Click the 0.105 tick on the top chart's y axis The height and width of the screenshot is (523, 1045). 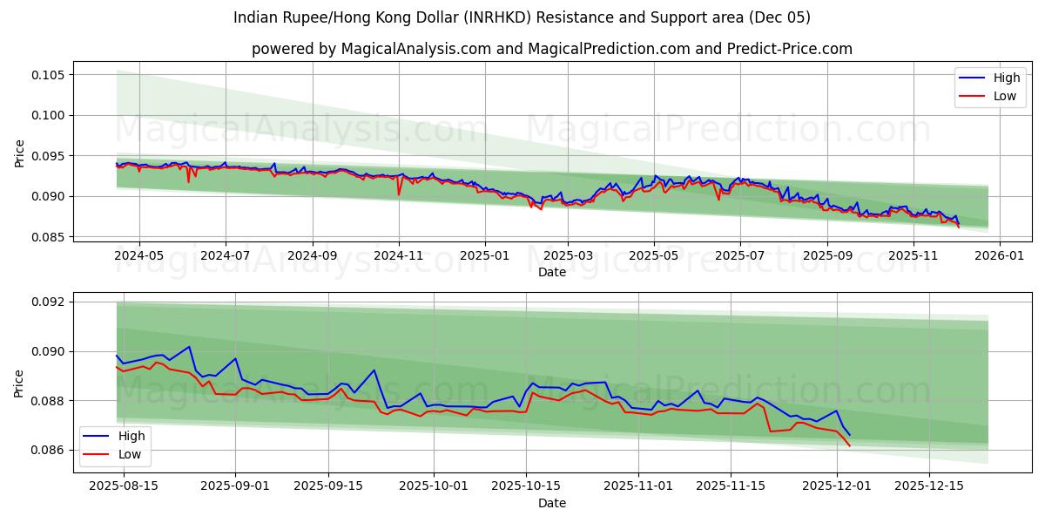47,75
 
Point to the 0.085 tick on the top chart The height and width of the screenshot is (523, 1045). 47,237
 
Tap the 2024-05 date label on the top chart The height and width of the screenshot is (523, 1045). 139,256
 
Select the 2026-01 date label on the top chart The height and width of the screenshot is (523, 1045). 999,256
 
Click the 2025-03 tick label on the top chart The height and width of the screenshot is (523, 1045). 568,256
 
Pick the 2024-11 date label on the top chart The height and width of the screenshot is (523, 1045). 398,256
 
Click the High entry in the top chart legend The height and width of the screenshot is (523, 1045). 1007,78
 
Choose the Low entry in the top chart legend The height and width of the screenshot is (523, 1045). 1005,96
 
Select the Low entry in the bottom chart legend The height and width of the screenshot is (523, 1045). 131,454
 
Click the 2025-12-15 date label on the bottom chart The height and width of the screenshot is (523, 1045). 930,486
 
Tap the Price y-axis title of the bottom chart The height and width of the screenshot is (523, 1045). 19,383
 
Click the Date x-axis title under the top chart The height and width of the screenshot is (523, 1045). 552,272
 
